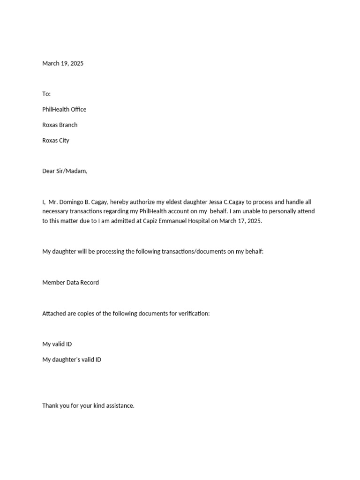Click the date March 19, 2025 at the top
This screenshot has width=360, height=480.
63,63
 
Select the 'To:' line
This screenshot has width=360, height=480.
46,94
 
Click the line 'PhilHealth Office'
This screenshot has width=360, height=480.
64,109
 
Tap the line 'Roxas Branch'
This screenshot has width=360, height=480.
60,125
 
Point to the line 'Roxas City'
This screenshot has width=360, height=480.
56,140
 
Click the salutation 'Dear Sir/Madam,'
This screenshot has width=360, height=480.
65,171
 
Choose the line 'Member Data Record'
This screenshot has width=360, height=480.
70,283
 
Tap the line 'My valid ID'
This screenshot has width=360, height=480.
57,344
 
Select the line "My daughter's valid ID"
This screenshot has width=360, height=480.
72,360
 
